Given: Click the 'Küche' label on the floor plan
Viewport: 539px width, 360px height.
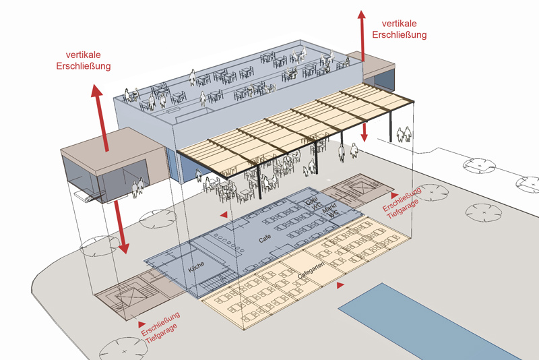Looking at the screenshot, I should click(197, 267).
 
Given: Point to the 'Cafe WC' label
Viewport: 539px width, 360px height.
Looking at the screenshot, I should click(312, 203).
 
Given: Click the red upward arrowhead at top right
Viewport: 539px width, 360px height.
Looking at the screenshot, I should click(362, 17).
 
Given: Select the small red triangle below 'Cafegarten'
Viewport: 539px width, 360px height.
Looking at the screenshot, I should click(340, 287).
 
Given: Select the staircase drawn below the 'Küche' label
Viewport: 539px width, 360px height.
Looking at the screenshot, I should click(216, 280).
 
